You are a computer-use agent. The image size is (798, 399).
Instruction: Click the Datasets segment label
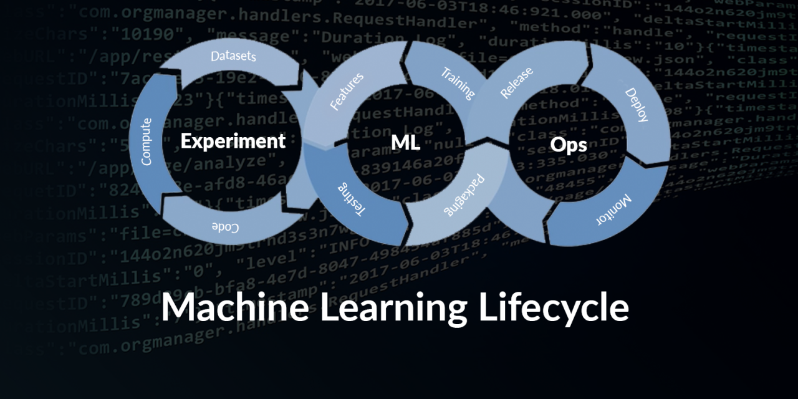233,57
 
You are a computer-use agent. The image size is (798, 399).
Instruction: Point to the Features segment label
346,92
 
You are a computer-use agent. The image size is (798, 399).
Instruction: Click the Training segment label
458,83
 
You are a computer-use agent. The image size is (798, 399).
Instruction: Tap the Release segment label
517,84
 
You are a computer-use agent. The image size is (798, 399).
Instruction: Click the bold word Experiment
233,141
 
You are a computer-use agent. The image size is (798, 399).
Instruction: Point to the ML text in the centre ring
405,143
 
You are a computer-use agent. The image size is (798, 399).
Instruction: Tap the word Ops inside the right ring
569,144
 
